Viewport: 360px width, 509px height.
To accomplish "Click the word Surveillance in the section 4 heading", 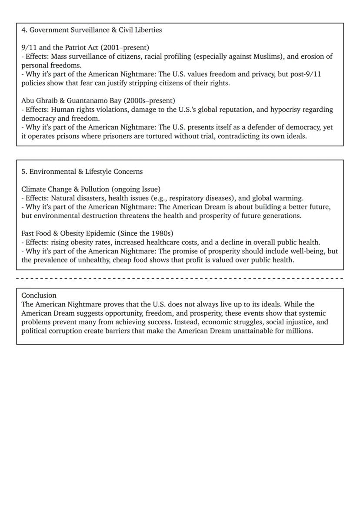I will point(89,30).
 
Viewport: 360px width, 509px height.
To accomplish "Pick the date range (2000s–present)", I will point(150,101).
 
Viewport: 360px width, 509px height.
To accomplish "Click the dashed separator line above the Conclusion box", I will point(180,278).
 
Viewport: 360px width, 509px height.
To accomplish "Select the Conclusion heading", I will point(39,296).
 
